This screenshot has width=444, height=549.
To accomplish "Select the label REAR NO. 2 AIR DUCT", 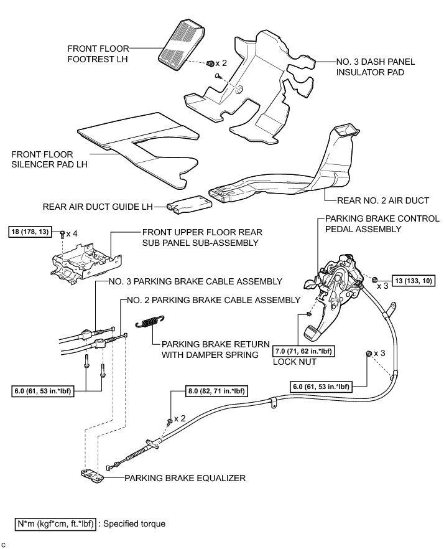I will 383,200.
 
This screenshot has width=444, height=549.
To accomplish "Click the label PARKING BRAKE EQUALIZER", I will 185,479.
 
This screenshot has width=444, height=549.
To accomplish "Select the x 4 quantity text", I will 76,233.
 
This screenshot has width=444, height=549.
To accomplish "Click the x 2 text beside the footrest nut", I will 221,63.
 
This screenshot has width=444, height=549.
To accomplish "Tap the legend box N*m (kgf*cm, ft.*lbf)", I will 56,523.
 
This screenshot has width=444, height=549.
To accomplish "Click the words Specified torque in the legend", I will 135,523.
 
